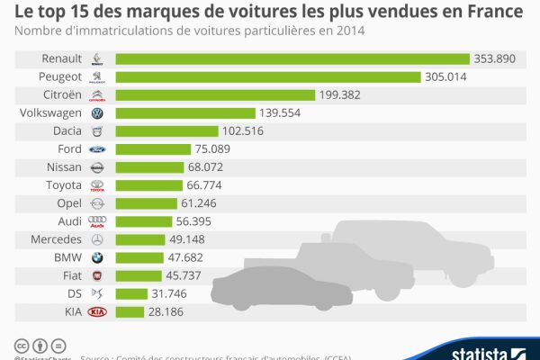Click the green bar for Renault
click(x=292, y=58)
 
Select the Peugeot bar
click(x=268, y=76)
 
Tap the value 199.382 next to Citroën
click(x=343, y=95)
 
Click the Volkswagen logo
click(x=97, y=113)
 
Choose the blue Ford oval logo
click(x=97, y=149)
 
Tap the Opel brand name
click(x=68, y=203)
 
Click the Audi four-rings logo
click(x=97, y=221)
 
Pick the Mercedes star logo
click(x=97, y=239)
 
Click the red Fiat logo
click(x=97, y=275)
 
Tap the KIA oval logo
click(x=97, y=311)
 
